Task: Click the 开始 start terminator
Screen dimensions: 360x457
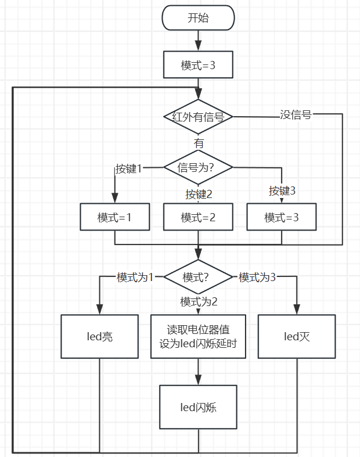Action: click(198, 18)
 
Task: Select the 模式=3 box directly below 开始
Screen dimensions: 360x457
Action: click(198, 64)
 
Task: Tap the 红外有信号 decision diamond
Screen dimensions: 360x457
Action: click(198, 117)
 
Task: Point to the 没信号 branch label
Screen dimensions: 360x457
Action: click(296, 114)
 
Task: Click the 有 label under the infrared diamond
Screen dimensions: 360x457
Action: click(199, 143)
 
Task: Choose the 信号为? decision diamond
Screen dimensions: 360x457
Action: click(198, 167)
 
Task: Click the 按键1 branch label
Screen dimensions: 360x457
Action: click(128, 168)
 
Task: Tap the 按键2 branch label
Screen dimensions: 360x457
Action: click(199, 194)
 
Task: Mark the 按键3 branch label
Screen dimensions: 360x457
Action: click(282, 191)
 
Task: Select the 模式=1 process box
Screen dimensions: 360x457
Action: click(115, 217)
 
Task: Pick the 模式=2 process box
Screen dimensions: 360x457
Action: click(198, 217)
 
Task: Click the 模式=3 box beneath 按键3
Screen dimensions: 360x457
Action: click(282, 217)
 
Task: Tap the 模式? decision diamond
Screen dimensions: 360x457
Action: click(198, 277)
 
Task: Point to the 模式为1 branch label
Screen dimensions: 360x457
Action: click(135, 277)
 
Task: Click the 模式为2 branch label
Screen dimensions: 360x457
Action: click(199, 301)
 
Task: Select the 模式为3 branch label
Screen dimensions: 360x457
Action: click(257, 277)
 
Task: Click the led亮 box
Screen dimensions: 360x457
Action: click(100, 337)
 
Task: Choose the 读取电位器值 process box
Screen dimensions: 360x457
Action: click(198, 337)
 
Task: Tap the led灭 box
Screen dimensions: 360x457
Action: click(297, 337)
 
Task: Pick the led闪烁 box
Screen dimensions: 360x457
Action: click(198, 407)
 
